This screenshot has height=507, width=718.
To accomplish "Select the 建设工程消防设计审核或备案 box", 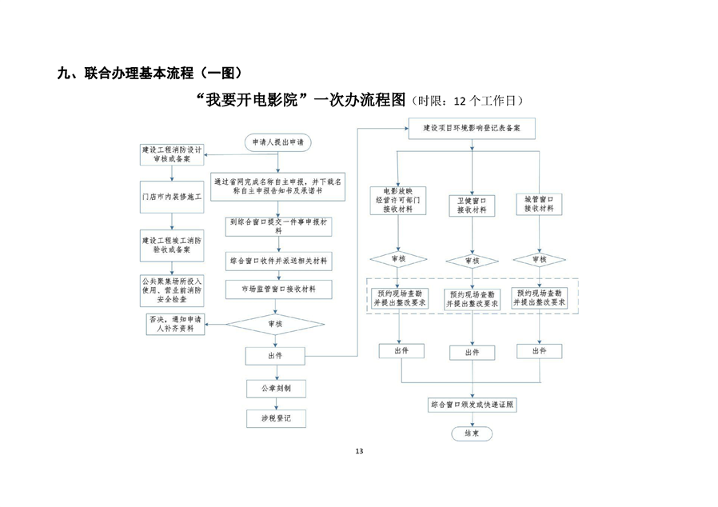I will [172, 154].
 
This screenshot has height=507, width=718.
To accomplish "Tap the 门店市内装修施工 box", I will [172, 195].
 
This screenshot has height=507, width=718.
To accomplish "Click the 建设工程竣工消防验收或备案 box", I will [172, 244].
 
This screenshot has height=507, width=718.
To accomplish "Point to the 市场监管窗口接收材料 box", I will [277, 288].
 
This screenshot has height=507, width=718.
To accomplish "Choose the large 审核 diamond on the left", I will [277, 324].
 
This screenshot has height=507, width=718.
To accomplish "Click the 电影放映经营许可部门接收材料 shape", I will [398, 202].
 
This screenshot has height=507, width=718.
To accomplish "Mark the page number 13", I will [359, 452].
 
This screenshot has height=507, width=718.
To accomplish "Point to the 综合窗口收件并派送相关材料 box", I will [277, 261].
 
